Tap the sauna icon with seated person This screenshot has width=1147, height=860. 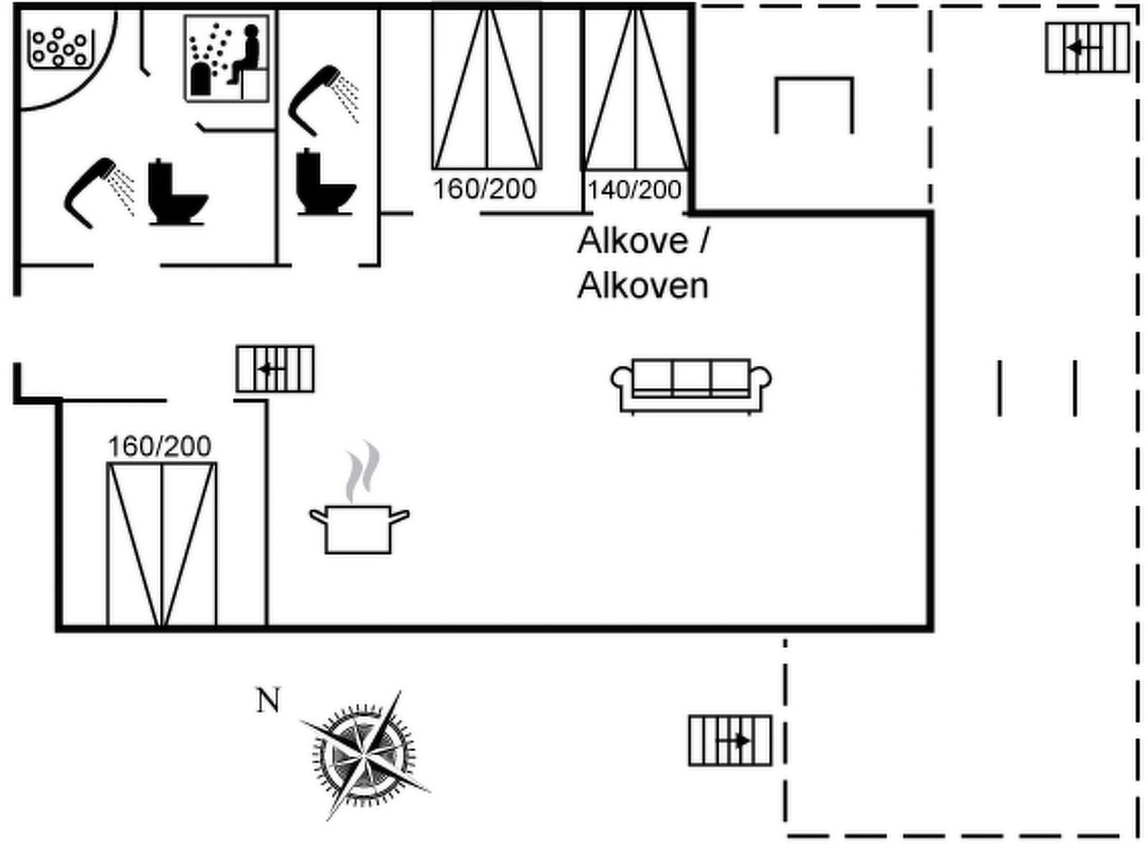227,58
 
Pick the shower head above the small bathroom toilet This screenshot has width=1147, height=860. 323,100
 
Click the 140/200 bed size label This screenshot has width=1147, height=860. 634,190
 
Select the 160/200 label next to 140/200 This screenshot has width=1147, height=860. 485,189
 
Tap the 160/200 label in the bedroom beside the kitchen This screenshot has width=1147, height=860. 159,446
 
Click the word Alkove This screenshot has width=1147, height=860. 633,241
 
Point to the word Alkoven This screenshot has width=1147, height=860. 643,286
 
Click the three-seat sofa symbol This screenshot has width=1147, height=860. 691,386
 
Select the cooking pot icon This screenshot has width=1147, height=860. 358,529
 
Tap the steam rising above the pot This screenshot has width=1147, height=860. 363,471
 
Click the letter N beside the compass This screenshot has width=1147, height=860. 268,700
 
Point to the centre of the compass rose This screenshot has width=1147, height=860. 364,755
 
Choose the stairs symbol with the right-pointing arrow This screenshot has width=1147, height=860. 730,740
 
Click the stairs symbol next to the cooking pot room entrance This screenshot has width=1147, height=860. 275,369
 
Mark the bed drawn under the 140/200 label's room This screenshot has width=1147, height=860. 635,88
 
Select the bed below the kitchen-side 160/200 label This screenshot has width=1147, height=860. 161,545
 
